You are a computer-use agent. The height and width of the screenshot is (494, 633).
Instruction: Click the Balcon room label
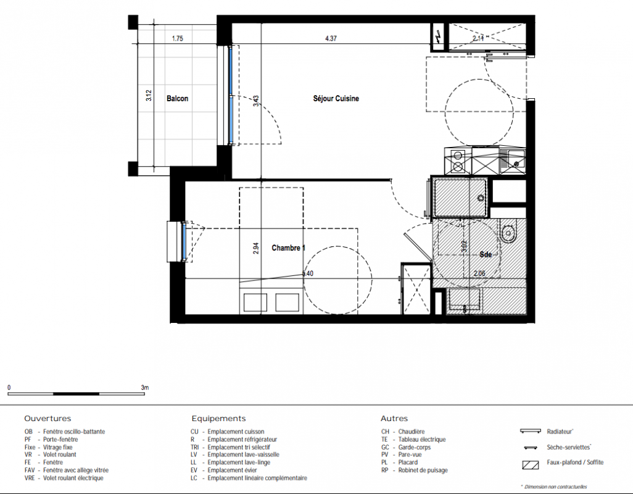pos(177,99)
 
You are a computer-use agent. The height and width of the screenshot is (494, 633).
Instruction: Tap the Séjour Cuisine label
pos(336,99)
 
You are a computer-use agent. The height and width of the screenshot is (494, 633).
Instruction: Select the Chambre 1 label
pos(288,248)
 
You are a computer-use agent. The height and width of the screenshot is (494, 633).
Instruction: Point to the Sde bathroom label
pos(486,254)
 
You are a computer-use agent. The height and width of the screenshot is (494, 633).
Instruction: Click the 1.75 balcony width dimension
pos(178,39)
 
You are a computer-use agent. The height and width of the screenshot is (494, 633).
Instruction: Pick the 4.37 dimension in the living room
pos(331,39)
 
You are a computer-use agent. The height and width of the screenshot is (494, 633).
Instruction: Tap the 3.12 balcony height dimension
pos(149,95)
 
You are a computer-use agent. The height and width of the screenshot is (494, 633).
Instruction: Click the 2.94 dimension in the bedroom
pos(256,248)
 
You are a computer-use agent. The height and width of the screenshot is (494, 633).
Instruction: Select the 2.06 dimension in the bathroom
pos(479,274)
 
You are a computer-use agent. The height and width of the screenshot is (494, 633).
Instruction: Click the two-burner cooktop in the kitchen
pos(458,161)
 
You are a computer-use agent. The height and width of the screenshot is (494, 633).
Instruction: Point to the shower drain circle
pos(481,198)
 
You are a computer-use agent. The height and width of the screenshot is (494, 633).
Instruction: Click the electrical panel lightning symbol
pos(437,37)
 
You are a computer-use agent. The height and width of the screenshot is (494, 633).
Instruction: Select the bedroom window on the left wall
pos(184,241)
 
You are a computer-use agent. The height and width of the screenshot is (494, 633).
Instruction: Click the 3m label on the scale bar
pos(145,387)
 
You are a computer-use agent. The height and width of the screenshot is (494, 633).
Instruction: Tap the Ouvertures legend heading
pos(48,419)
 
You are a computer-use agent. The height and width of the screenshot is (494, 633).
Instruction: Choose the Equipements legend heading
pos(218,419)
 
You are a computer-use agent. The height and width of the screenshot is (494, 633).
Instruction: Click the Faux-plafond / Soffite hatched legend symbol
pos(531,464)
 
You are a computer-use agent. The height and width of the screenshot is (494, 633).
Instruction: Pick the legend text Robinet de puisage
pos(423,470)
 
